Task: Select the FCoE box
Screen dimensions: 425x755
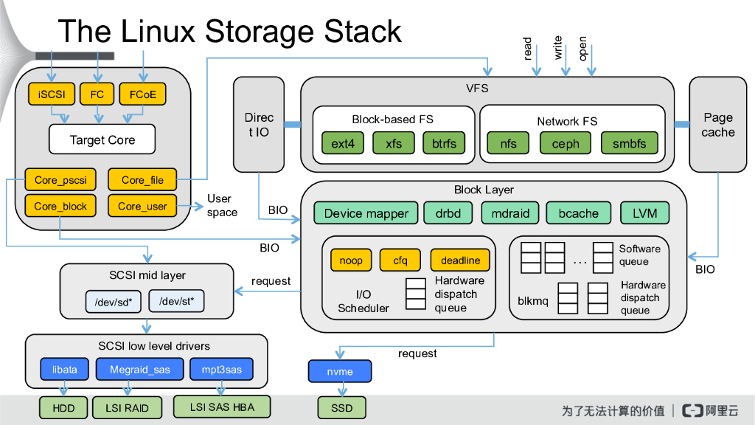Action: point(142,94)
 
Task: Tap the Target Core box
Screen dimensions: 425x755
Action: point(102,139)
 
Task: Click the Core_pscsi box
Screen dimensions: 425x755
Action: point(60,179)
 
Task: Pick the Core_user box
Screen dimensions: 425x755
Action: point(142,206)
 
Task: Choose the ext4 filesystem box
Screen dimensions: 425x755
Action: point(342,144)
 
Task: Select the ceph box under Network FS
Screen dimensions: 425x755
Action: point(566,144)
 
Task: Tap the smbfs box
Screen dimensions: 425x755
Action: point(628,144)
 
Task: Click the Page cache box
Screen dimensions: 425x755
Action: point(718,124)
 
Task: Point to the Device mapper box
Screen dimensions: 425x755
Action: point(366,213)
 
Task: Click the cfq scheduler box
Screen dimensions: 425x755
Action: point(400,260)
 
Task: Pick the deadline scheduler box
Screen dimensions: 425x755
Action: point(460,260)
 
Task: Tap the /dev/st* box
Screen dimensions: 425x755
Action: point(176,301)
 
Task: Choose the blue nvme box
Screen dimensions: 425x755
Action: point(340,372)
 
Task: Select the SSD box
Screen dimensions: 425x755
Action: point(340,407)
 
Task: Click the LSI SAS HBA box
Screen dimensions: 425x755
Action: point(222,407)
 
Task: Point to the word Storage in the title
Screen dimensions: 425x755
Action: point(261,32)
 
